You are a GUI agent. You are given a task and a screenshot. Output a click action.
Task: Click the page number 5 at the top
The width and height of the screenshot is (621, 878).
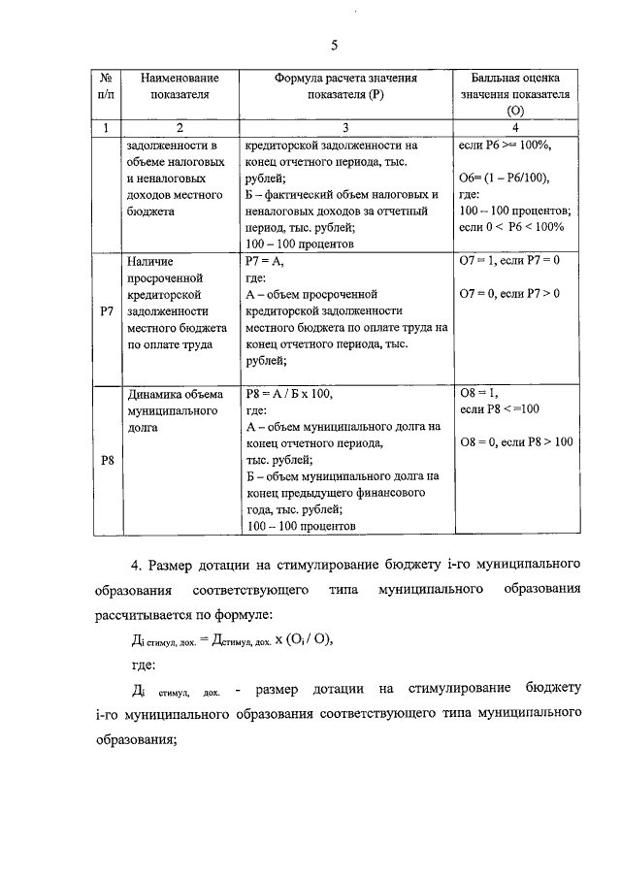(x=334, y=46)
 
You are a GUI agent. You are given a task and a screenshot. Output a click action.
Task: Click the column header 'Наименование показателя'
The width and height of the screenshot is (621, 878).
(x=180, y=86)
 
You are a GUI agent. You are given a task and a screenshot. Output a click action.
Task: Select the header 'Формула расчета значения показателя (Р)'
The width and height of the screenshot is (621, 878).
(x=345, y=86)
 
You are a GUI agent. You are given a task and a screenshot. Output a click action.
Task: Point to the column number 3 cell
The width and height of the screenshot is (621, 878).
(x=345, y=128)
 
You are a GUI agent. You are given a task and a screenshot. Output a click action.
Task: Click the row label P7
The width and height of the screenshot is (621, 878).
(x=108, y=312)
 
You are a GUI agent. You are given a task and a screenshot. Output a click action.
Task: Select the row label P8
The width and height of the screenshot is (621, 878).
(x=108, y=460)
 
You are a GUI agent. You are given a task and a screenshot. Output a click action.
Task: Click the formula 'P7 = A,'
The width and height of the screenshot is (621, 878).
(x=263, y=261)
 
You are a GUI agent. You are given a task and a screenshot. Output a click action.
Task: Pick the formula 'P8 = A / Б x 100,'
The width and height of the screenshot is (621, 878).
(x=290, y=394)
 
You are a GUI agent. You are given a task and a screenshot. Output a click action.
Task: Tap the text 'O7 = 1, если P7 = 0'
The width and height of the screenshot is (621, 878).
(x=508, y=261)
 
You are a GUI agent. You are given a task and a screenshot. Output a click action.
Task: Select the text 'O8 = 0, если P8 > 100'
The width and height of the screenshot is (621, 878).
(x=515, y=442)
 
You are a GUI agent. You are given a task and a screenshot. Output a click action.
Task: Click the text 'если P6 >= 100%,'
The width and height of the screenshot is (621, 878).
(x=505, y=145)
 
